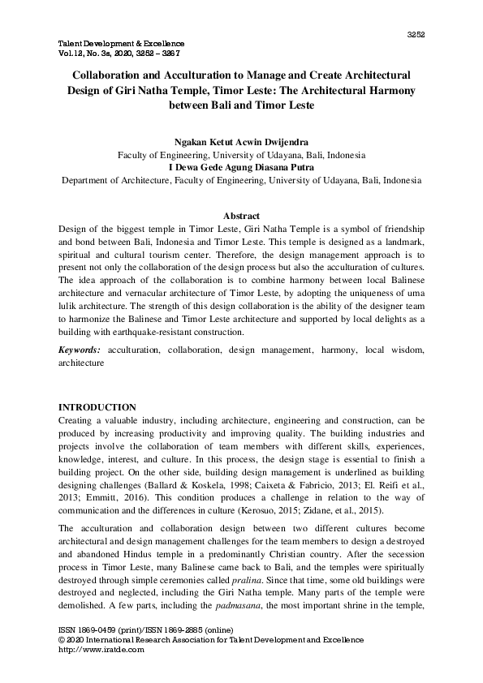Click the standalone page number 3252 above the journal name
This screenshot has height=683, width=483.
coord(416,34)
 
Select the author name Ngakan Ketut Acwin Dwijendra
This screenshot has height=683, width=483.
coord(241,141)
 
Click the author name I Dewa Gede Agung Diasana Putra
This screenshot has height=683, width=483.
coord(241,167)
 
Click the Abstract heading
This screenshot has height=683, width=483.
coord(241,216)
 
